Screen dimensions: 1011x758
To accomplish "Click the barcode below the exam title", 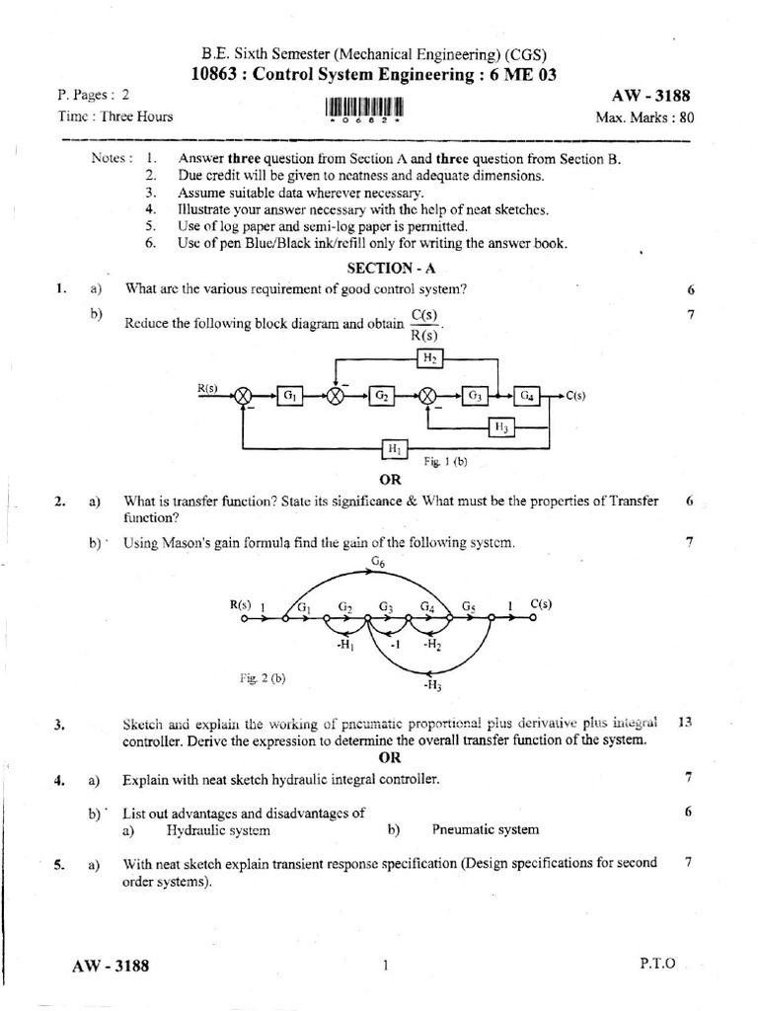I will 364,108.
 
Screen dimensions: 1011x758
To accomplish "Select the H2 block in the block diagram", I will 429,358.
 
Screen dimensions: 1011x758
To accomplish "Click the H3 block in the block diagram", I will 501,427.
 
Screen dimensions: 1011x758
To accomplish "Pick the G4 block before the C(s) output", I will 528,395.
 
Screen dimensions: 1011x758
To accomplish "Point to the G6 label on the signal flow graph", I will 377,563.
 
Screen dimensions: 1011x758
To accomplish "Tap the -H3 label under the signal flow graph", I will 432,683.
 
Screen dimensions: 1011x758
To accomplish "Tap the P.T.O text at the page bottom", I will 657,965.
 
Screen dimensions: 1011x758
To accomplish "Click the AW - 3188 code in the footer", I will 111,966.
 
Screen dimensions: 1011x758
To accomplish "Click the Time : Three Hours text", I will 115,117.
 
